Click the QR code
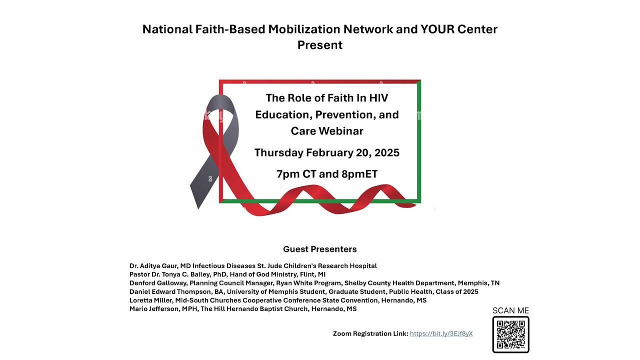pos(510,334)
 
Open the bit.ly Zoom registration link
pos(441,333)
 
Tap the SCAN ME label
pos(510,310)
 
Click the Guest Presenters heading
pos(320,249)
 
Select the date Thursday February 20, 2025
pos(327,152)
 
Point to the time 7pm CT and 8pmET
pos(327,174)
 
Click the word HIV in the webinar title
pos(378,98)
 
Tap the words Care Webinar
pos(327,131)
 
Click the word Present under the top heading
pos(320,45)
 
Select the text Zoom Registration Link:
pos(370,333)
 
